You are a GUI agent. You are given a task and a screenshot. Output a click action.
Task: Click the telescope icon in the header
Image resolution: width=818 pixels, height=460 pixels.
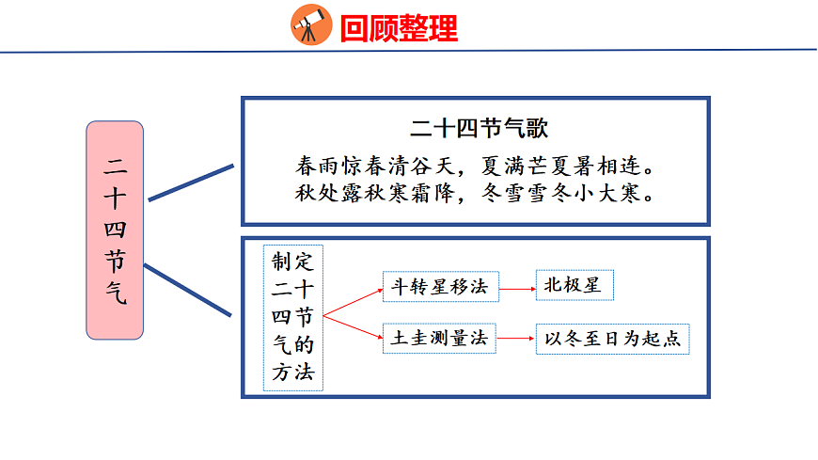click(x=311, y=24)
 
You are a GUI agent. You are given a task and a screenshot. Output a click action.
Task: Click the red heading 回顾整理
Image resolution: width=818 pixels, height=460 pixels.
click(x=399, y=28)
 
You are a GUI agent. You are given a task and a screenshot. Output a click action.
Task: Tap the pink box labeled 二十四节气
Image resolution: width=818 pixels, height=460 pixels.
click(x=115, y=230)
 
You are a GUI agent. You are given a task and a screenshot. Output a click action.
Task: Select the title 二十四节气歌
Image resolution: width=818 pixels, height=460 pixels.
click(x=474, y=128)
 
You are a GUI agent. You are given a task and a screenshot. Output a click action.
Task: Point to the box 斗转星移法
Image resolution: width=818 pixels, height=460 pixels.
click(x=440, y=287)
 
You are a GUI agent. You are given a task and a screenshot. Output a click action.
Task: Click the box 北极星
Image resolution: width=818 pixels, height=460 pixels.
click(x=574, y=286)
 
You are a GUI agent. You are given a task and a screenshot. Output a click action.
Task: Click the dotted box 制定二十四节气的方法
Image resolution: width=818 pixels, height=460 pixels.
click(x=291, y=317)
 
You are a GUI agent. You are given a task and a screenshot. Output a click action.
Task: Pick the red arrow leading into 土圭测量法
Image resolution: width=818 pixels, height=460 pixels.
click(x=354, y=325)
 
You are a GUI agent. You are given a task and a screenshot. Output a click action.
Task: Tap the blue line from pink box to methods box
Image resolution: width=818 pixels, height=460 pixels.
click(x=188, y=290)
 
